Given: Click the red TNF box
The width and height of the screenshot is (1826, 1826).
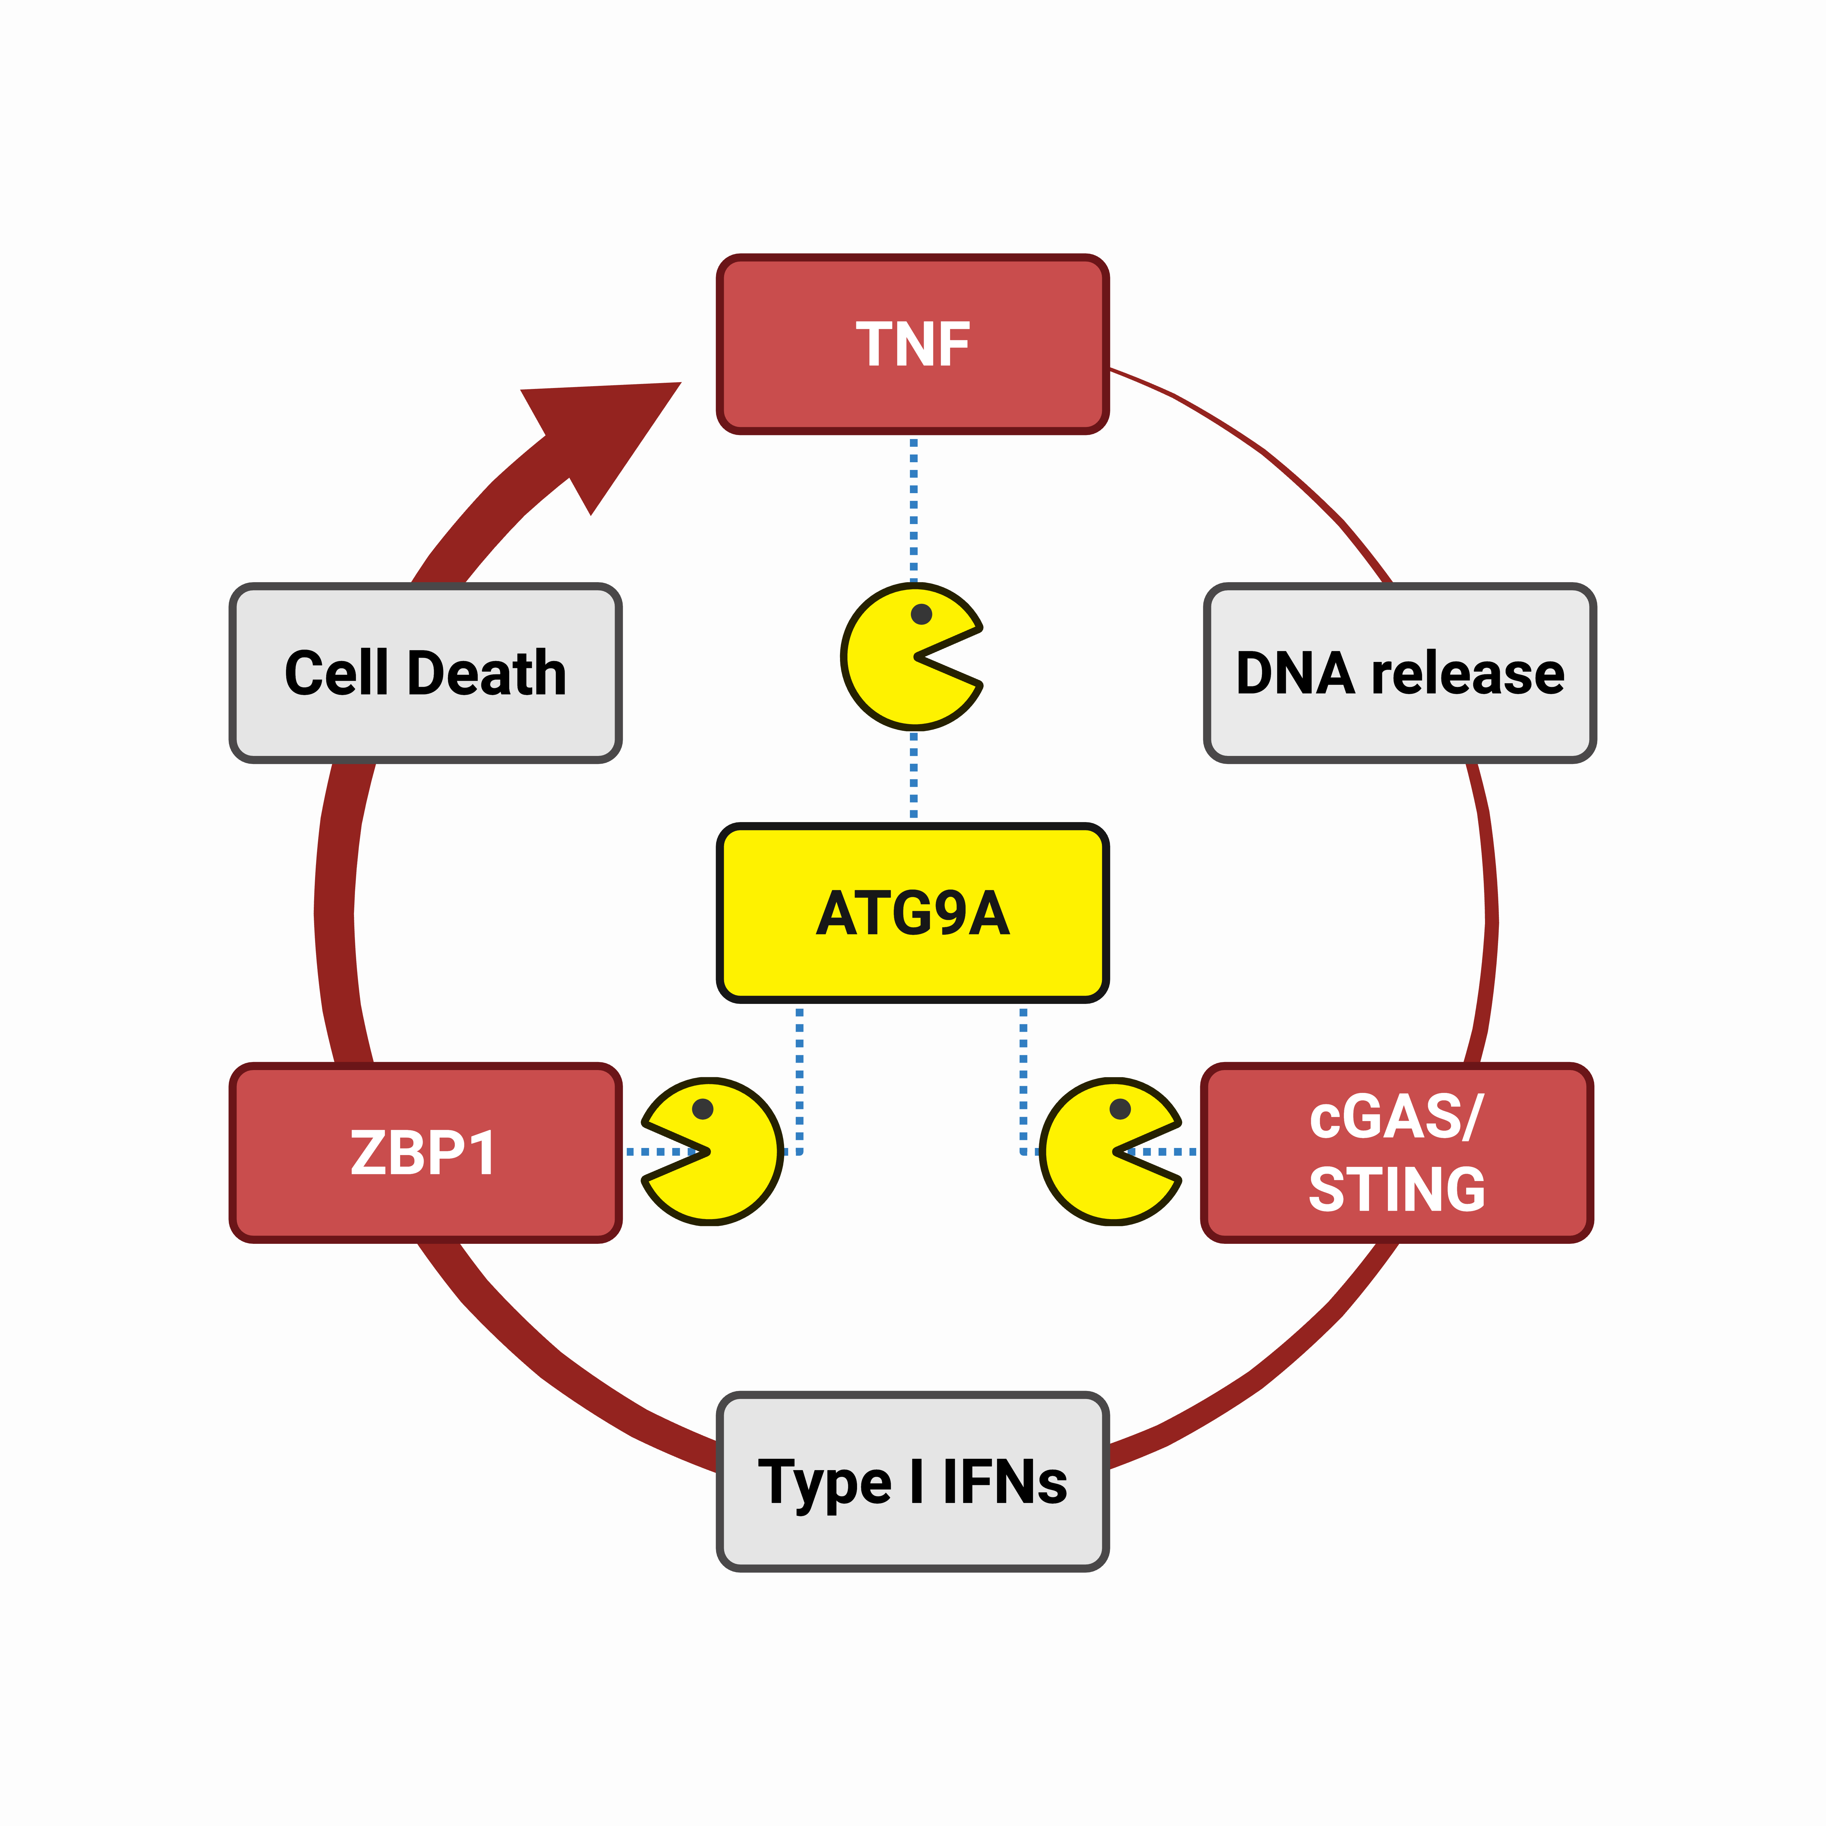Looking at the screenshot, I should tap(912, 344).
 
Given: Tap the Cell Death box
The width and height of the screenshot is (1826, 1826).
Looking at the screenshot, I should tap(425, 673).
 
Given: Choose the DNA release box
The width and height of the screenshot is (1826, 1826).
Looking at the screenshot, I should tap(1400, 673).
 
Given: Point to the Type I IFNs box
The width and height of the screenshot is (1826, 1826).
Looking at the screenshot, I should tap(912, 1481).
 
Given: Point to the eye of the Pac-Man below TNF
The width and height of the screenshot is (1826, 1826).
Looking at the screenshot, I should tap(922, 614).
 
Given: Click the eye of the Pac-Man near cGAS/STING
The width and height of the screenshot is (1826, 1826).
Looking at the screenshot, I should tap(1120, 1109).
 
